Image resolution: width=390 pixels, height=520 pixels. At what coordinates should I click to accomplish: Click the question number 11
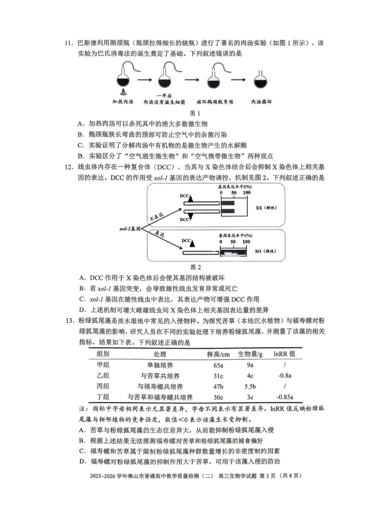coord(69,43)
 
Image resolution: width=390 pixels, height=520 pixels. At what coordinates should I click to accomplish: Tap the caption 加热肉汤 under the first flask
coord(123,102)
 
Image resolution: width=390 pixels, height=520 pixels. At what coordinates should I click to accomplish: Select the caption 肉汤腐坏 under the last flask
coord(261,102)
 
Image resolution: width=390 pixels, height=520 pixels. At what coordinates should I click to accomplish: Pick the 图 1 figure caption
coord(195,113)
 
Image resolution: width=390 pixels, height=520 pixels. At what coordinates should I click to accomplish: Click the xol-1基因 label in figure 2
coord(130,229)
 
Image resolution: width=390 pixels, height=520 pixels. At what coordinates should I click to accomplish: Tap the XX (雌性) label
coord(266,208)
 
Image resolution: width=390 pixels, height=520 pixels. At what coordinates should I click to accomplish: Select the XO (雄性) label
coord(265,251)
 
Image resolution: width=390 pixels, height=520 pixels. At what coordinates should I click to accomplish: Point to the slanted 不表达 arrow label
coord(156,217)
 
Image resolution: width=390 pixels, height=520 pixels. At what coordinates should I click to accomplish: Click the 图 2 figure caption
coord(195,267)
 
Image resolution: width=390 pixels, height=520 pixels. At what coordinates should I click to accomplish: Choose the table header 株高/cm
coord(218,354)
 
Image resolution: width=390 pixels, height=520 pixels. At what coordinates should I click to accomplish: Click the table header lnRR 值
coord(284,354)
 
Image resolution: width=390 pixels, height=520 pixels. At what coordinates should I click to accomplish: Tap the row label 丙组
coord(103,386)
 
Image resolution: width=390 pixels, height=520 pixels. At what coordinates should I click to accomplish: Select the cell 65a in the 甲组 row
coord(218,365)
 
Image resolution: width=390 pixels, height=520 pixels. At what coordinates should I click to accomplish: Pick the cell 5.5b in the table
coord(250,386)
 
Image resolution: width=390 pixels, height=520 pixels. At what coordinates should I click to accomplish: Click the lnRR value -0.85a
coord(285,397)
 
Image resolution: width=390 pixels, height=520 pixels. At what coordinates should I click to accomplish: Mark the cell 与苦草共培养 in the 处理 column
coord(160,376)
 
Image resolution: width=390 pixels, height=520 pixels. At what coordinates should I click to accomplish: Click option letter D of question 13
coord(83,461)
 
